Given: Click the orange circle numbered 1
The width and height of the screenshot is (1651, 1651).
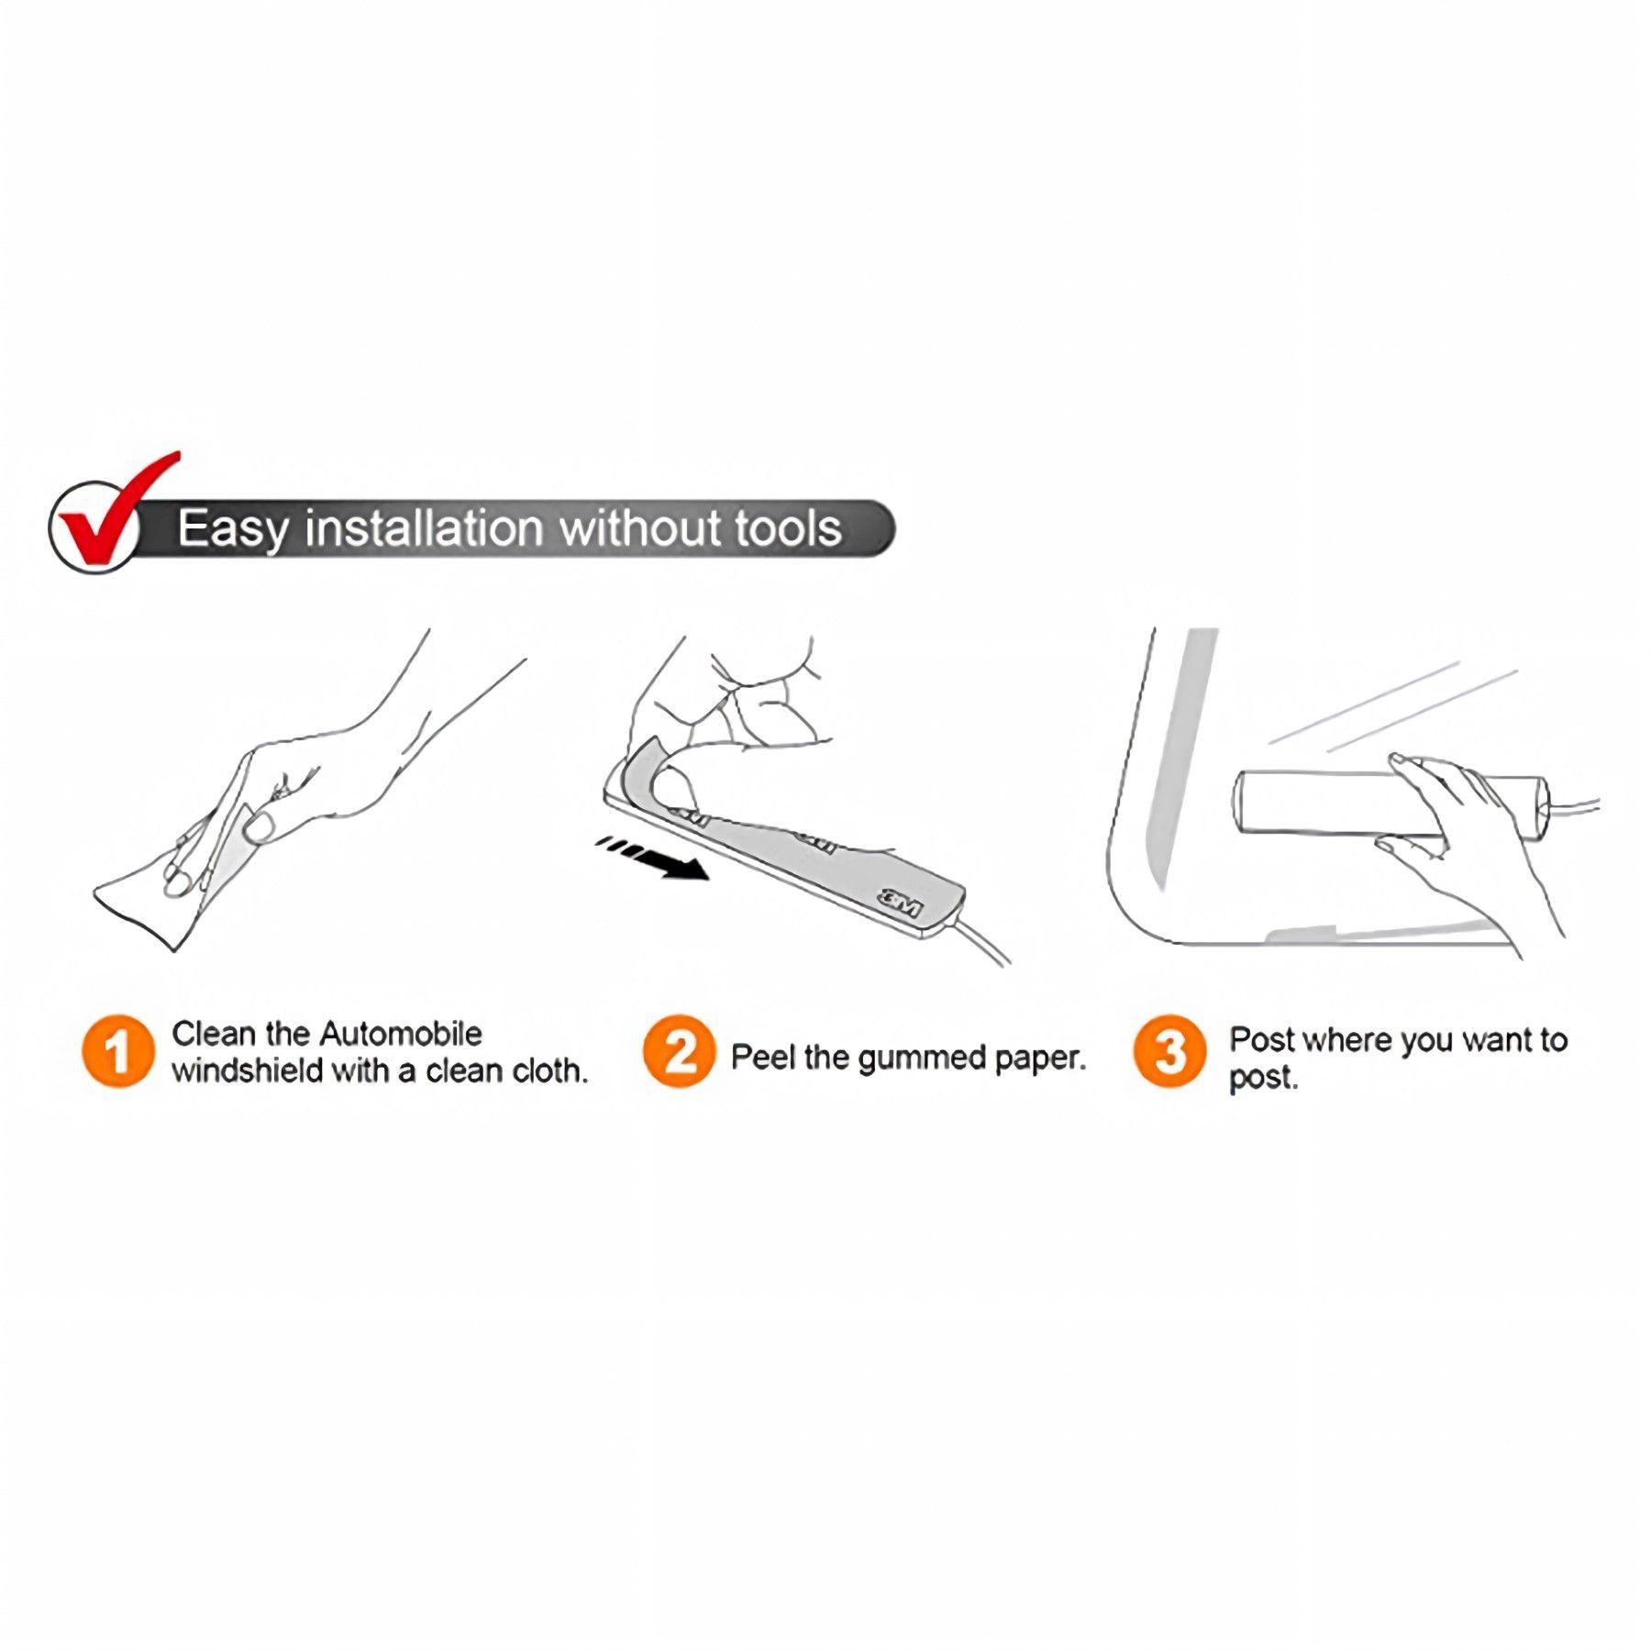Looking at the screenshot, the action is point(117,1051).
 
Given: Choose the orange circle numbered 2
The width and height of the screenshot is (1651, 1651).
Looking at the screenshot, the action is point(679,1051).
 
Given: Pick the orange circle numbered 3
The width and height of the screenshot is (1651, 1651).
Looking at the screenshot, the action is point(1169,1051).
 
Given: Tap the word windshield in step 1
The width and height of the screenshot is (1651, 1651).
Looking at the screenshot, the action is point(247,1070).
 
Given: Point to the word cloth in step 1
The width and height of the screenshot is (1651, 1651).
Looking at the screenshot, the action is point(548,1070).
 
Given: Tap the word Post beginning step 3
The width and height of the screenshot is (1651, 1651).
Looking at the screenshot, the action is point(1261,1040).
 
